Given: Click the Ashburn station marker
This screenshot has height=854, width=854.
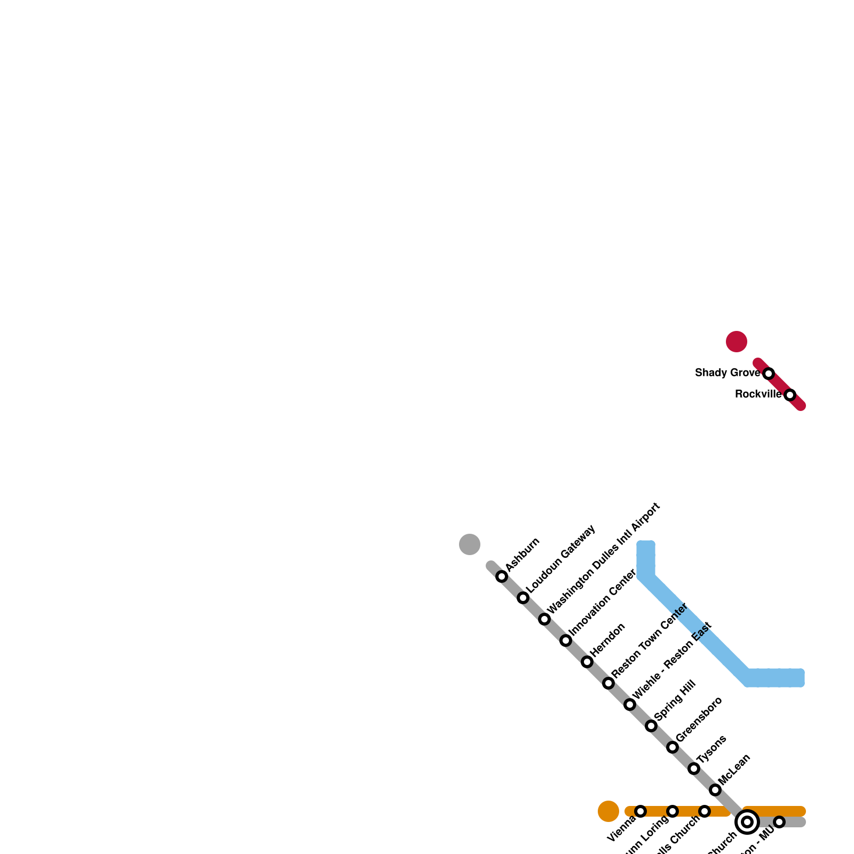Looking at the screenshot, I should (502, 576).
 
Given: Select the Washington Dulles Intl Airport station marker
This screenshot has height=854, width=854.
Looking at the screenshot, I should (544, 619).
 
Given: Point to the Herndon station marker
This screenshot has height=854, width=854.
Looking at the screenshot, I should (587, 662).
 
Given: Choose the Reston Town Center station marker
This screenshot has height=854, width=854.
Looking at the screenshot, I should (608, 683).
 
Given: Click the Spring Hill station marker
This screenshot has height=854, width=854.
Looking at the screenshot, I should (651, 726).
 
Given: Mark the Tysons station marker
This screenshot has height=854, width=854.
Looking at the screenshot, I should (694, 769).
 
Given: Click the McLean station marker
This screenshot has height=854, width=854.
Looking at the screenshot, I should (715, 790).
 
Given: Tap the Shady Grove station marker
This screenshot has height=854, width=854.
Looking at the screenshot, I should (769, 374).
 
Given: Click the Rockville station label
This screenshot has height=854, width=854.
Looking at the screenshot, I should (758, 394).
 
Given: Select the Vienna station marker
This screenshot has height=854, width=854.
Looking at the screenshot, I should (640, 811).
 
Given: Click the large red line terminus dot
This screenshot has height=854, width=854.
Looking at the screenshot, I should (737, 342).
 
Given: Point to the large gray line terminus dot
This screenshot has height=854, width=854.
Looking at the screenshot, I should (470, 544).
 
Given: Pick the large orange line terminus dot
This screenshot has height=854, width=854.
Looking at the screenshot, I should (608, 811).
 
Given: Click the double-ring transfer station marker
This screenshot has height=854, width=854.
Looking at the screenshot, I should (747, 822).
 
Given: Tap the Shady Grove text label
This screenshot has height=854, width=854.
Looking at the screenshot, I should (727, 373).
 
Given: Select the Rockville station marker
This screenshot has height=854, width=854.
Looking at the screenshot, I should (790, 395).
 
